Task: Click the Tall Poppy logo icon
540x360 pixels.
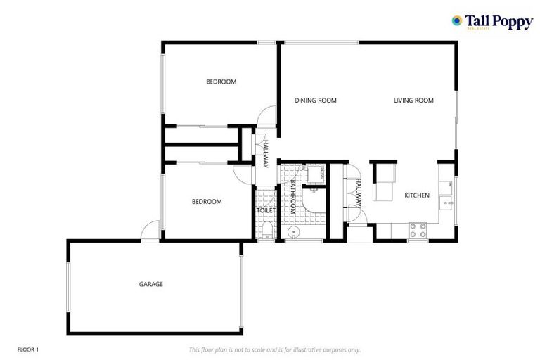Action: [457, 21]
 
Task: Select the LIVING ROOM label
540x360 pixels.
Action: [413, 101]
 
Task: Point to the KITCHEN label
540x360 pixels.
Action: [416, 195]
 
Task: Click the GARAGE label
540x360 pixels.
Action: [150, 284]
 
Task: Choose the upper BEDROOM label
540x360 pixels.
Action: [221, 82]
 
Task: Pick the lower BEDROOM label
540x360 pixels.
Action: [207, 202]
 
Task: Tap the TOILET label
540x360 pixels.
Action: [266, 210]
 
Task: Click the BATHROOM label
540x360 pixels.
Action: [292, 198]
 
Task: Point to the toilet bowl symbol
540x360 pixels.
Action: [266, 230]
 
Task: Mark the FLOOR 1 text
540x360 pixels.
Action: [27, 349]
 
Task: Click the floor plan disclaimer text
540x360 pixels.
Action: [274, 349]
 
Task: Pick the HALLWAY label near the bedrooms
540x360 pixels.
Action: [266, 153]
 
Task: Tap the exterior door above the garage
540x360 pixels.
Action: [150, 231]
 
